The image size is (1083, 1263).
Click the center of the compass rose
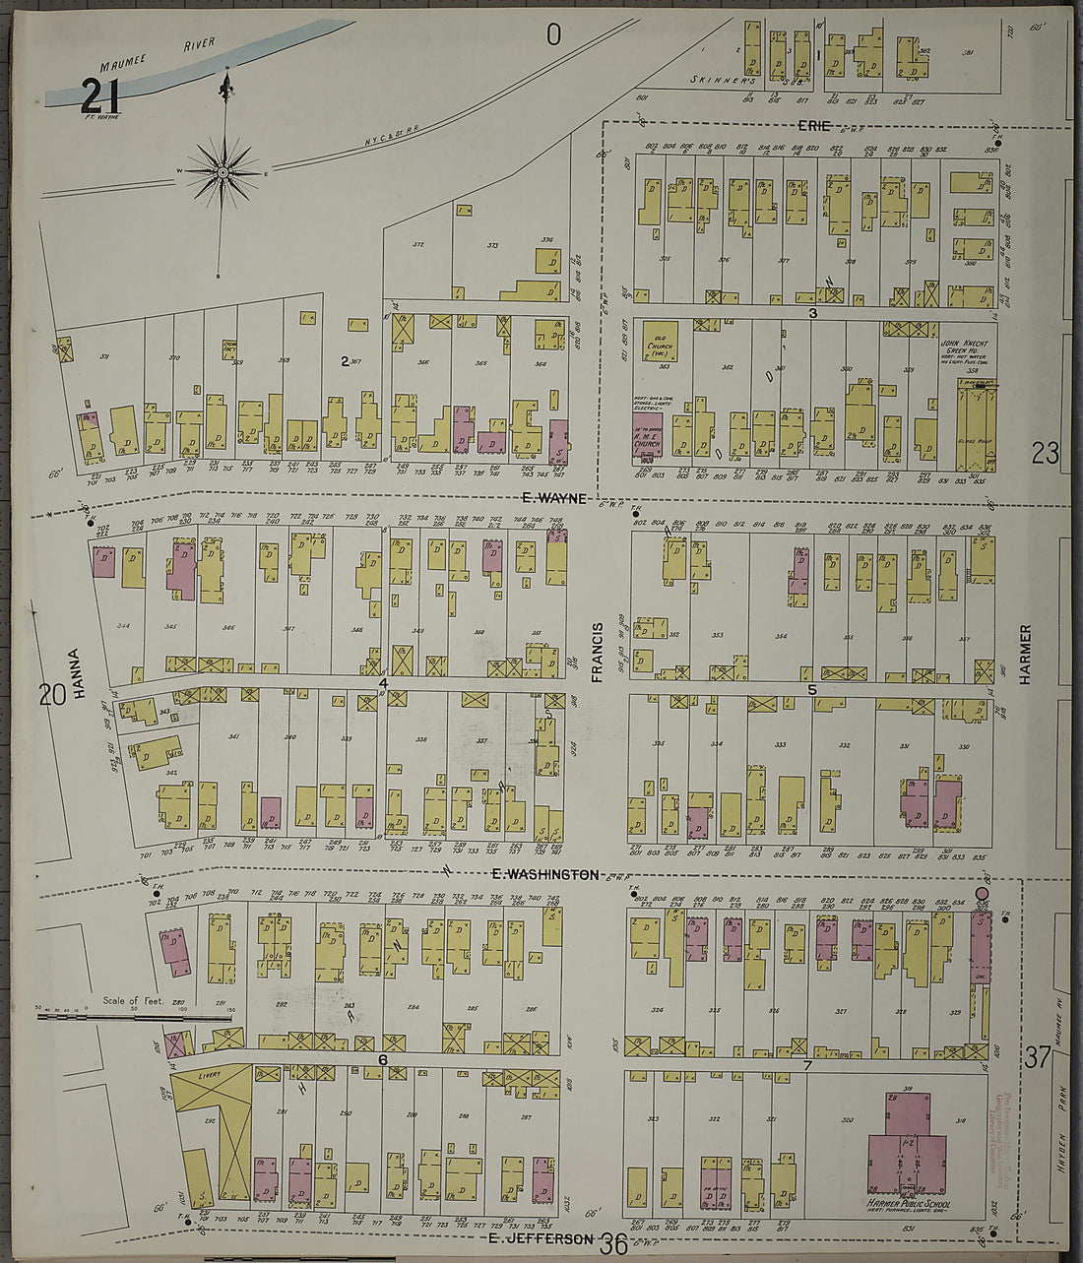(x=223, y=172)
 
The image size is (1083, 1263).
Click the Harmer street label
(x=1025, y=654)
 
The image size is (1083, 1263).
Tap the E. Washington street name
(x=544, y=874)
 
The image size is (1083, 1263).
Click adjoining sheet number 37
(x=1036, y=1058)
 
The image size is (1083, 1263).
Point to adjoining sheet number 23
(x=1045, y=453)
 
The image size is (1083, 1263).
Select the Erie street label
(x=814, y=125)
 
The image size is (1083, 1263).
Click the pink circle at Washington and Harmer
(x=981, y=894)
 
